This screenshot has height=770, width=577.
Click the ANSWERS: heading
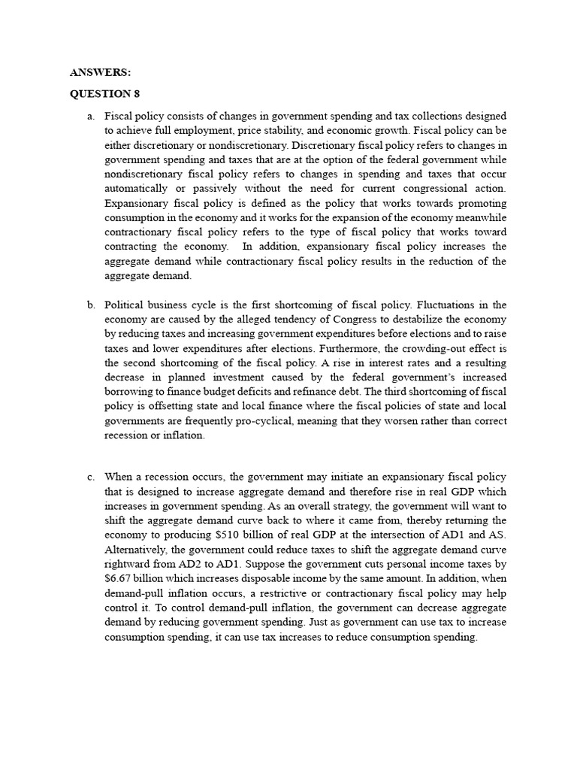point(100,72)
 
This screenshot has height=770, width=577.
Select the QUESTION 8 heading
point(104,94)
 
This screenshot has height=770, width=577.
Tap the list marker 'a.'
point(90,116)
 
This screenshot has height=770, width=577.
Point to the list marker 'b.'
point(90,305)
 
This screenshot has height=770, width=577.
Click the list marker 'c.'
point(90,477)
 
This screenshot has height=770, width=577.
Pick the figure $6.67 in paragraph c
point(119,578)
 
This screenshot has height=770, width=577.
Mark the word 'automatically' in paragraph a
point(137,189)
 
